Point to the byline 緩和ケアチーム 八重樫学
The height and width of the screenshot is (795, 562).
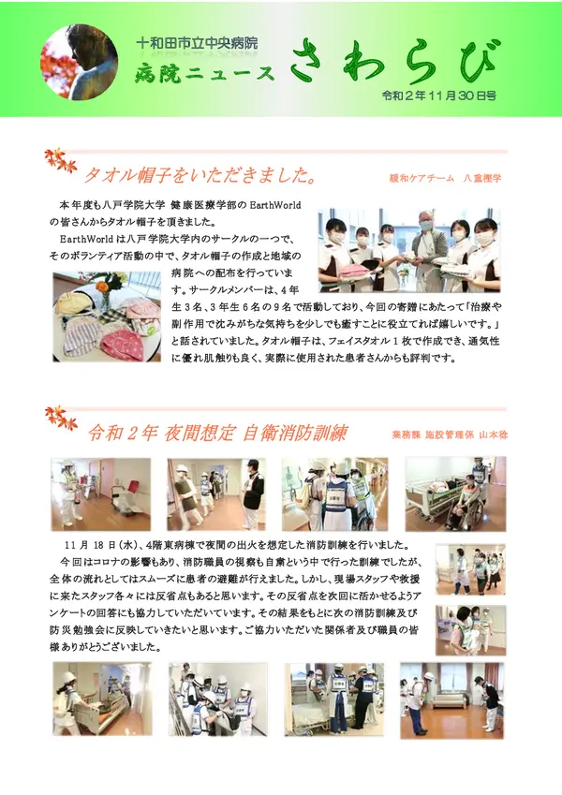[445, 178]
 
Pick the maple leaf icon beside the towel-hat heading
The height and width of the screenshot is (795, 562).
[61, 161]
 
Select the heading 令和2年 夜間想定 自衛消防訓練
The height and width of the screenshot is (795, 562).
[218, 434]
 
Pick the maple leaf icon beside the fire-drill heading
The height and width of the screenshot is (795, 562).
[61, 419]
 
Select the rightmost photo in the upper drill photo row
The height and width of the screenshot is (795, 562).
[456, 494]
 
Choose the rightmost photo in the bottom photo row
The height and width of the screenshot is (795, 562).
[451, 700]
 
